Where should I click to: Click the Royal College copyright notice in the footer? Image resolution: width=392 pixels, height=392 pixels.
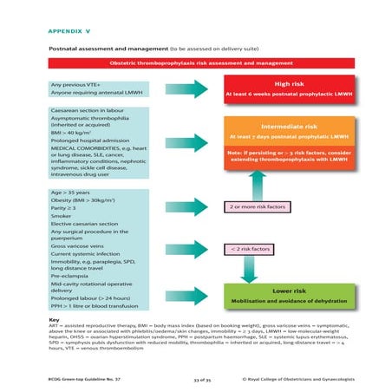tap(297, 378)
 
